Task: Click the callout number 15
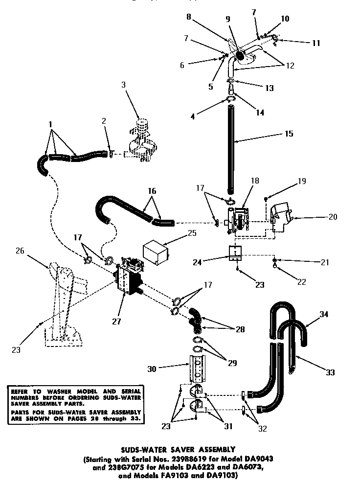point(289,133)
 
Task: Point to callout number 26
point(20,252)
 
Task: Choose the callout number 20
point(333,216)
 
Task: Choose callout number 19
point(301,182)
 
